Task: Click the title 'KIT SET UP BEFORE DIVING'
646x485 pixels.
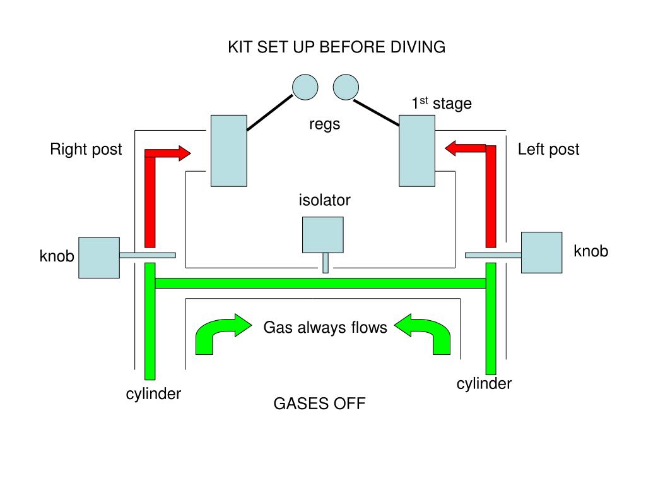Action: (336, 47)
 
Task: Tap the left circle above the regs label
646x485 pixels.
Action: (305, 87)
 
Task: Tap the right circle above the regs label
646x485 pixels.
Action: (346, 87)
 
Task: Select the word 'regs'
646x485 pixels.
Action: (324, 124)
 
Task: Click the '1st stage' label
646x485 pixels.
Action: (442, 104)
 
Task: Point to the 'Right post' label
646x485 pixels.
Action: (86, 150)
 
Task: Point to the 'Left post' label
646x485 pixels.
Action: (548, 150)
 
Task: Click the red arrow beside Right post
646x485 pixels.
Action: (151, 189)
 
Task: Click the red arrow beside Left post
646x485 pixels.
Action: (489, 189)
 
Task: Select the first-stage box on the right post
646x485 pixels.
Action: (228, 150)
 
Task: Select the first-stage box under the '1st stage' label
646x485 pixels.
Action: (416, 150)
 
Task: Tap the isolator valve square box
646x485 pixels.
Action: (323, 235)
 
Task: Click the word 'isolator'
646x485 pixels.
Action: (324, 200)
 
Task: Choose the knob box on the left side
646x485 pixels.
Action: (99, 257)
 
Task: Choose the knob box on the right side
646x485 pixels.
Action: (541, 252)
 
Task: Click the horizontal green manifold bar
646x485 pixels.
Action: (320, 283)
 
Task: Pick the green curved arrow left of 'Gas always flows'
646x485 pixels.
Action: (214, 333)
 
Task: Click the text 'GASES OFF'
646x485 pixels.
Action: (319, 404)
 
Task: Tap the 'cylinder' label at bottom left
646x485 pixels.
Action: (153, 394)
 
